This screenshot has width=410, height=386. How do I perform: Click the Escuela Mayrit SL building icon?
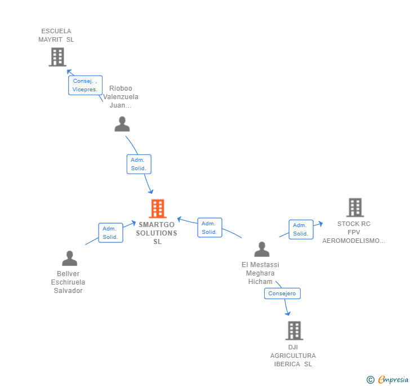click(57, 57)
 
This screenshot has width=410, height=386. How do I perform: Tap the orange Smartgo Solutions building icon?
click(157, 208)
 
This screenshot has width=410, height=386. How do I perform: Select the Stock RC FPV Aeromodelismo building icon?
click(355, 207)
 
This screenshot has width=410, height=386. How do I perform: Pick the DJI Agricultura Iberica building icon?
click(294, 331)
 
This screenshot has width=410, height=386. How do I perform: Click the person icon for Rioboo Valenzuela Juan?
click(122, 124)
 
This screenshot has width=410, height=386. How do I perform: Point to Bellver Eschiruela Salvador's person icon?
click(69, 259)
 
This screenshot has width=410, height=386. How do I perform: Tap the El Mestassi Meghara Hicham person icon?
click(262, 249)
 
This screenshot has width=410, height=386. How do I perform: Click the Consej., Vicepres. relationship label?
click(85, 85)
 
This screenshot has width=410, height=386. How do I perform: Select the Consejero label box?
click(282, 294)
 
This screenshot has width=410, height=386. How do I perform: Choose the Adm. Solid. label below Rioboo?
click(138, 164)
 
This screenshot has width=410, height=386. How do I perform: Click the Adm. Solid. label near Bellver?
click(110, 233)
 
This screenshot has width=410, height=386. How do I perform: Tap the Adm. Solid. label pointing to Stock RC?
click(301, 229)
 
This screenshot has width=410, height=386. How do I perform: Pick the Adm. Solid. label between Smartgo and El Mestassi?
click(210, 228)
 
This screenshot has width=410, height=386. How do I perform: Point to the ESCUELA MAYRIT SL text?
click(56, 36)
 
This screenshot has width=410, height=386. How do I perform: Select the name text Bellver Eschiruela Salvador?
click(68, 282)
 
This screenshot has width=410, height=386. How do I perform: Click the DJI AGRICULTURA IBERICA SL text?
click(293, 356)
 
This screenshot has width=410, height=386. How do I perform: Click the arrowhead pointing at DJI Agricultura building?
click(288, 313)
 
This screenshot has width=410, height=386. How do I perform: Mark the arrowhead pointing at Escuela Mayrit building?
click(69, 72)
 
